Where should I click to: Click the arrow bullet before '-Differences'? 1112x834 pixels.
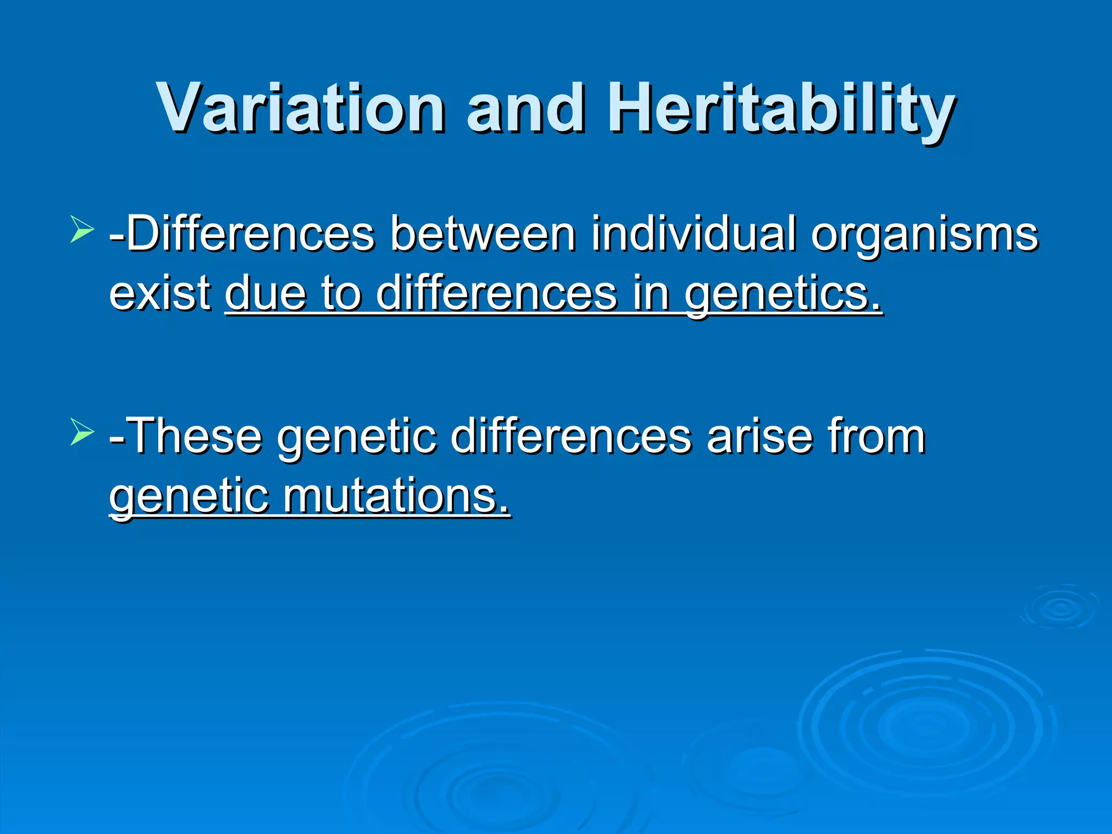82,229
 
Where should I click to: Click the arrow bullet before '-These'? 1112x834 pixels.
82,432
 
